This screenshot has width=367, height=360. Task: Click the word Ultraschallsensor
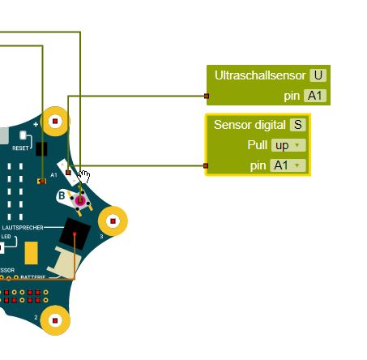click(x=260, y=75)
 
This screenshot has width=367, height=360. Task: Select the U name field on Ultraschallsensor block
click(x=318, y=75)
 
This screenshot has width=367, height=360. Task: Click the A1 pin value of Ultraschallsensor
click(x=315, y=96)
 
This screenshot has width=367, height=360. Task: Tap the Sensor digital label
click(x=250, y=125)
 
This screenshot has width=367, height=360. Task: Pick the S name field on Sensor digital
click(x=298, y=125)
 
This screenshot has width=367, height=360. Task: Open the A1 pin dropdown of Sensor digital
click(x=288, y=165)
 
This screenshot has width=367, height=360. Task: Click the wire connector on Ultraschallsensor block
click(x=207, y=96)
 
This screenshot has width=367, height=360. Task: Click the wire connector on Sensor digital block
click(x=206, y=165)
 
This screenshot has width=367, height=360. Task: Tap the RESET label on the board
click(x=22, y=148)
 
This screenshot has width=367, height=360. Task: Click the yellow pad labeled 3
click(x=113, y=220)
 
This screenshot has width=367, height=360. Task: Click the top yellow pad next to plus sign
click(x=55, y=122)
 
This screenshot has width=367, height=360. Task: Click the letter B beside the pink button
click(x=62, y=195)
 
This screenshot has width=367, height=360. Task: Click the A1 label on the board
click(x=54, y=174)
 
